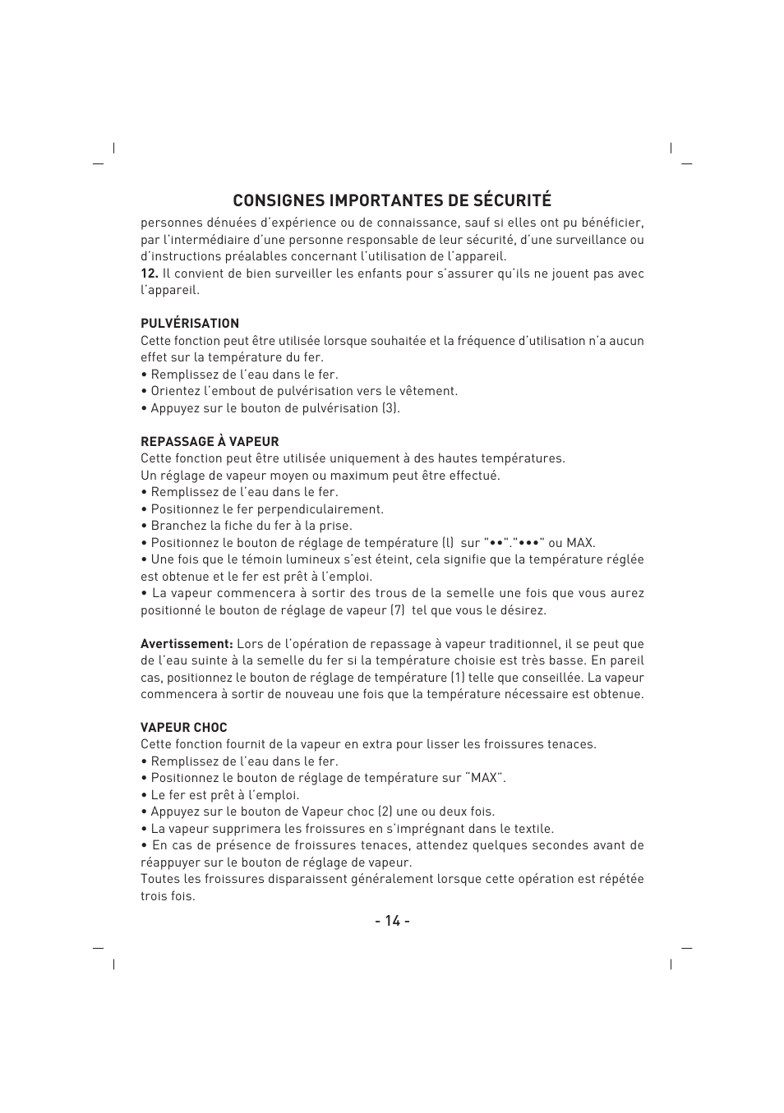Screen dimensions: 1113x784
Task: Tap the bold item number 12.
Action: coord(149,274)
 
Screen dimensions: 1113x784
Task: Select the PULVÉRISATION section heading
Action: coord(190,324)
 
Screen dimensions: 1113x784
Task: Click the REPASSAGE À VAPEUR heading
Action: coord(210,442)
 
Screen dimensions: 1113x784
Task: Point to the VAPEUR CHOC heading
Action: coord(183,728)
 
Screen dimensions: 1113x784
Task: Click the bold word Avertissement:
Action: coord(187,644)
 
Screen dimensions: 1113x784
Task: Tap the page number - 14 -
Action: coord(392,921)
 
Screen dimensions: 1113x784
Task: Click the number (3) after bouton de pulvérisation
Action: coord(390,408)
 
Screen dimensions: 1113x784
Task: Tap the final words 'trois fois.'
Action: coord(168,896)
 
